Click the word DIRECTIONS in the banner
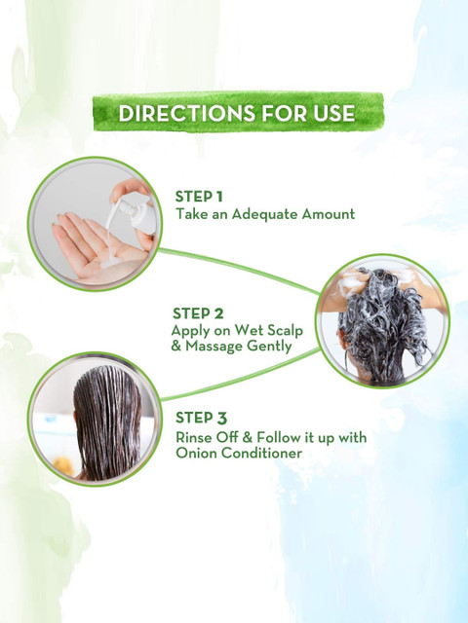point(186,113)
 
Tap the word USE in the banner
point(333,113)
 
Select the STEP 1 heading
point(199,197)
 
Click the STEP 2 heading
point(198,313)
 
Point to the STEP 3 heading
point(201,418)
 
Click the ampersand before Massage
point(176,346)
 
